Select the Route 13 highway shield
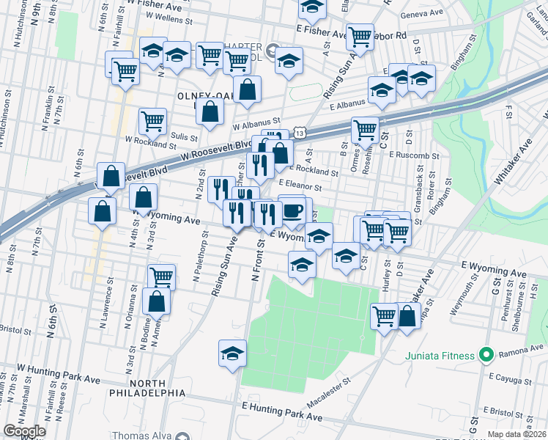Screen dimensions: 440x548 point(300,131)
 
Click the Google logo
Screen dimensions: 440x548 point(24,431)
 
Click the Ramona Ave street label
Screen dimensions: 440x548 point(519,353)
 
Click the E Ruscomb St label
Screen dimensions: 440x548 point(414,155)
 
